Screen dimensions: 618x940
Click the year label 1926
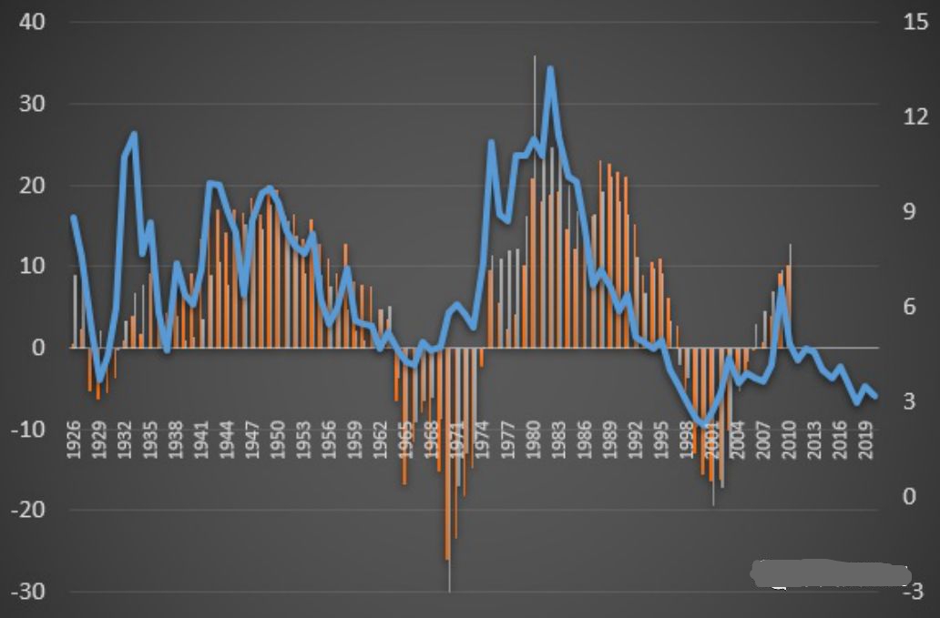pyautogui.click(x=74, y=444)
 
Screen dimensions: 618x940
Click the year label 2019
pyautogui.click(x=866, y=444)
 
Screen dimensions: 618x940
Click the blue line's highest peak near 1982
pyautogui.click(x=550, y=68)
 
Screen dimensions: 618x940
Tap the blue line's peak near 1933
pyautogui.click(x=134, y=134)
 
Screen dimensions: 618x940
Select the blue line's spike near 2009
pyautogui.click(x=782, y=289)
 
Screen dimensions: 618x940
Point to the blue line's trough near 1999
pyautogui.click(x=702, y=423)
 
